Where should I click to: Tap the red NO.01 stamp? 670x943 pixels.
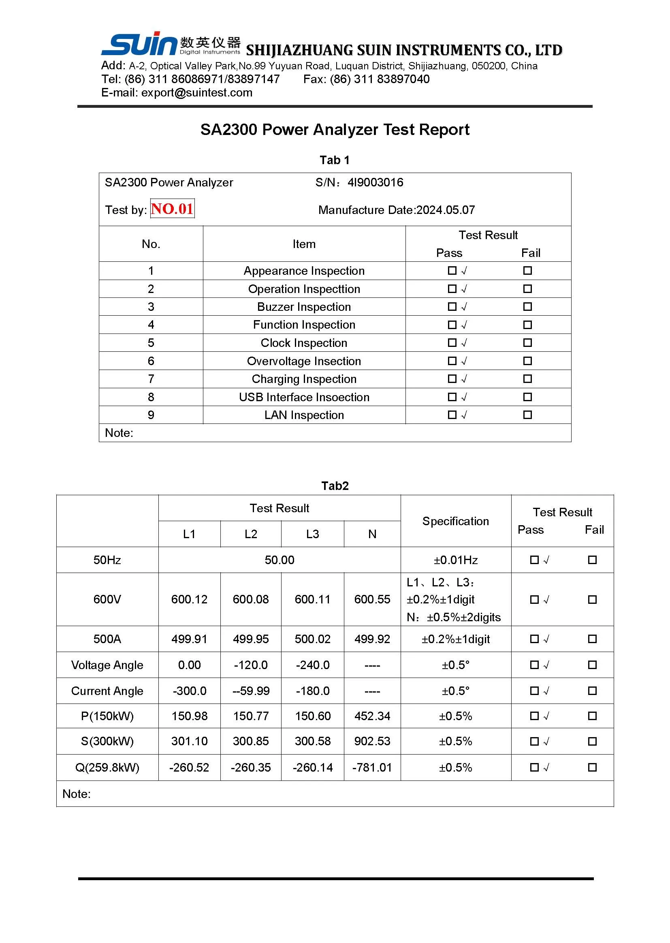pyautogui.click(x=172, y=208)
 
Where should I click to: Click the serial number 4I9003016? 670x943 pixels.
pyautogui.click(x=375, y=182)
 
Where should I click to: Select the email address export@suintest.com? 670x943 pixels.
pyautogui.click(x=196, y=92)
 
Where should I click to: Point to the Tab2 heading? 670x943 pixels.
pyautogui.click(x=335, y=486)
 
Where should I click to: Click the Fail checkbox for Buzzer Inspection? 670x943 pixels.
pyautogui.click(x=527, y=307)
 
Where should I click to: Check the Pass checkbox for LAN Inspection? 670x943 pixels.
pyautogui.click(x=452, y=415)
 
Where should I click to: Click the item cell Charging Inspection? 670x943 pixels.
pyautogui.click(x=304, y=379)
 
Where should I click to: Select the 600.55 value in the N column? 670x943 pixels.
pyautogui.click(x=372, y=599)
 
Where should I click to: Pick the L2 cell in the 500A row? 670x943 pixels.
pyautogui.click(x=250, y=639)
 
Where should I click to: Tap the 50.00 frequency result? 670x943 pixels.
pyautogui.click(x=280, y=560)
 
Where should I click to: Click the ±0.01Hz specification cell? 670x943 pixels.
pyautogui.click(x=455, y=560)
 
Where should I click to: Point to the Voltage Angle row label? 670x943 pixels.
pyautogui.click(x=107, y=665)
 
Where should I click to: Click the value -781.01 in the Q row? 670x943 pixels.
pyautogui.click(x=372, y=767)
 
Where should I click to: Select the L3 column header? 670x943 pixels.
pyautogui.click(x=312, y=534)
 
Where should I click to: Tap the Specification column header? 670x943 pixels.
pyautogui.click(x=455, y=521)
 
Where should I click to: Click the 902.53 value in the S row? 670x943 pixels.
pyautogui.click(x=372, y=741)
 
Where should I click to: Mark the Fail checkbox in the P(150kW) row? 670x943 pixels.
pyautogui.click(x=592, y=716)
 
